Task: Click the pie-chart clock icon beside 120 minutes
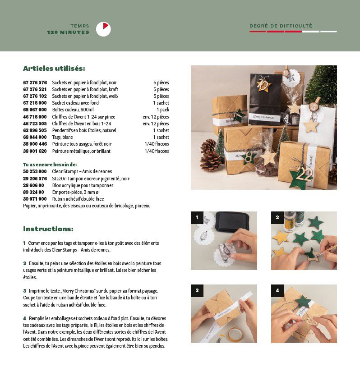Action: [103, 29]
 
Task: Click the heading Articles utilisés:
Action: [54, 69]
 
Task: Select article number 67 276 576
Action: [35, 83]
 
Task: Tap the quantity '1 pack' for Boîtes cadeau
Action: [163, 110]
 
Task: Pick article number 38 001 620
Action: [35, 151]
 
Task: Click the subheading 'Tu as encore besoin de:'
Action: [50, 165]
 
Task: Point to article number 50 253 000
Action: [35, 172]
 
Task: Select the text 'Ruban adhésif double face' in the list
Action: [78, 199]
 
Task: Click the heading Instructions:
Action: [48, 229]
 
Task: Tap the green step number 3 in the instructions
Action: [25, 291]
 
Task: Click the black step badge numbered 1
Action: [197, 218]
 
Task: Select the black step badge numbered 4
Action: [277, 291]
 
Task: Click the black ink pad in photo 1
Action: [232, 221]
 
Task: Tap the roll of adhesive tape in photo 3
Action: [235, 335]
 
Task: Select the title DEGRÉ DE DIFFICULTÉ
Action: [281, 26]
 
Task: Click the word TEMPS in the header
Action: [80, 26]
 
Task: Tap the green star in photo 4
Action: [303, 301]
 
